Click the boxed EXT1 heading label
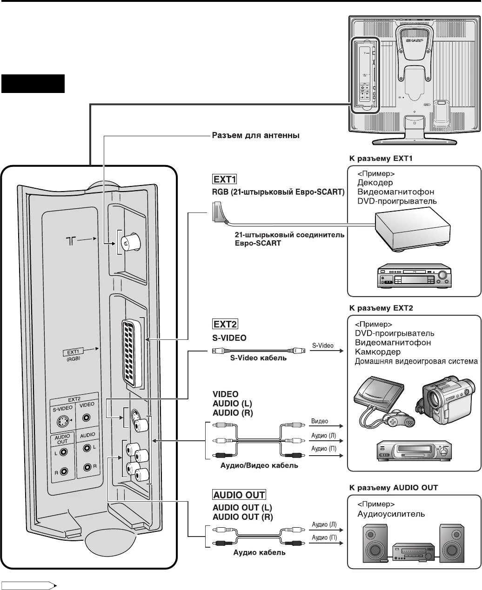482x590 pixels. coord(225,179)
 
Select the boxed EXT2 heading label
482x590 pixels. coord(225,324)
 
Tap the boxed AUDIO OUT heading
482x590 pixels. coord(239,495)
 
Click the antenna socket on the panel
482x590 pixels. coord(126,242)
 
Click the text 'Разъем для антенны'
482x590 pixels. coord(255,136)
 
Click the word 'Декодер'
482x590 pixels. coord(375,183)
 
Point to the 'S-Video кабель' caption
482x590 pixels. coord(258,358)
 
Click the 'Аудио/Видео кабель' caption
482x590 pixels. coord(259,465)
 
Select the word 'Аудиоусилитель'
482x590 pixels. coord(391,514)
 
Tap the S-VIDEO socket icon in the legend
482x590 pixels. coord(62,421)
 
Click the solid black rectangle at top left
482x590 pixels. coord(33,84)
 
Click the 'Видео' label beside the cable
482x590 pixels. coord(320,421)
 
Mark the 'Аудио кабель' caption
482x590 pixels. coord(259,553)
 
